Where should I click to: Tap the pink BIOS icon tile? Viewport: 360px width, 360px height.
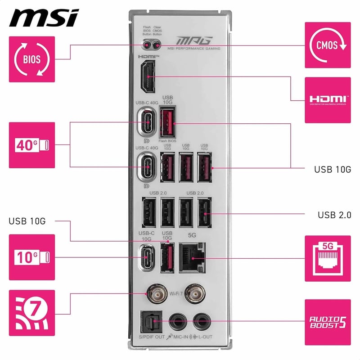pos(31,59)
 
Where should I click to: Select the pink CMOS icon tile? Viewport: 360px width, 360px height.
pos(327,45)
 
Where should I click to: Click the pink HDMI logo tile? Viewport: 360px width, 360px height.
pos(327,99)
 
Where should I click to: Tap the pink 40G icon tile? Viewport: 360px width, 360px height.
pos(31,144)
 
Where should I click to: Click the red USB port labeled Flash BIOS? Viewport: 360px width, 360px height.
pos(167,122)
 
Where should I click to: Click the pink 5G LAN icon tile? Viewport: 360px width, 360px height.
pos(327,258)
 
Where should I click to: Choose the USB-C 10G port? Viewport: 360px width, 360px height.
pos(147,258)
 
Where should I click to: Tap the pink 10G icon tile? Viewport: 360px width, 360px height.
pos(31,257)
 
